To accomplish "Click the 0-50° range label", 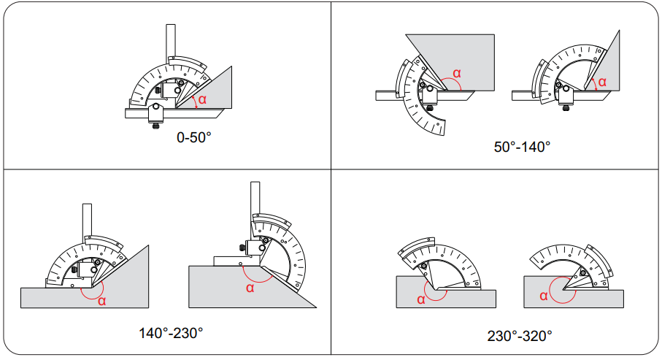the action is click(x=194, y=137).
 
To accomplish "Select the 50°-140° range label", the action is click(x=523, y=147).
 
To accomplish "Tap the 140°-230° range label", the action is click(x=171, y=333).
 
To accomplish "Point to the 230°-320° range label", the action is click(x=520, y=336).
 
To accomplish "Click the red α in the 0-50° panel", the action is click(x=203, y=100).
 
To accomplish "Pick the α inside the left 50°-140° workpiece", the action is click(x=457, y=73).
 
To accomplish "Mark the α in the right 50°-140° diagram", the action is click(x=602, y=82).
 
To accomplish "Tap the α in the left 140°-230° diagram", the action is click(x=101, y=301).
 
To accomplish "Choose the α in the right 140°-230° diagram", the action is click(x=250, y=288).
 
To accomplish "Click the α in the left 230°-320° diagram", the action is click(x=421, y=299).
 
